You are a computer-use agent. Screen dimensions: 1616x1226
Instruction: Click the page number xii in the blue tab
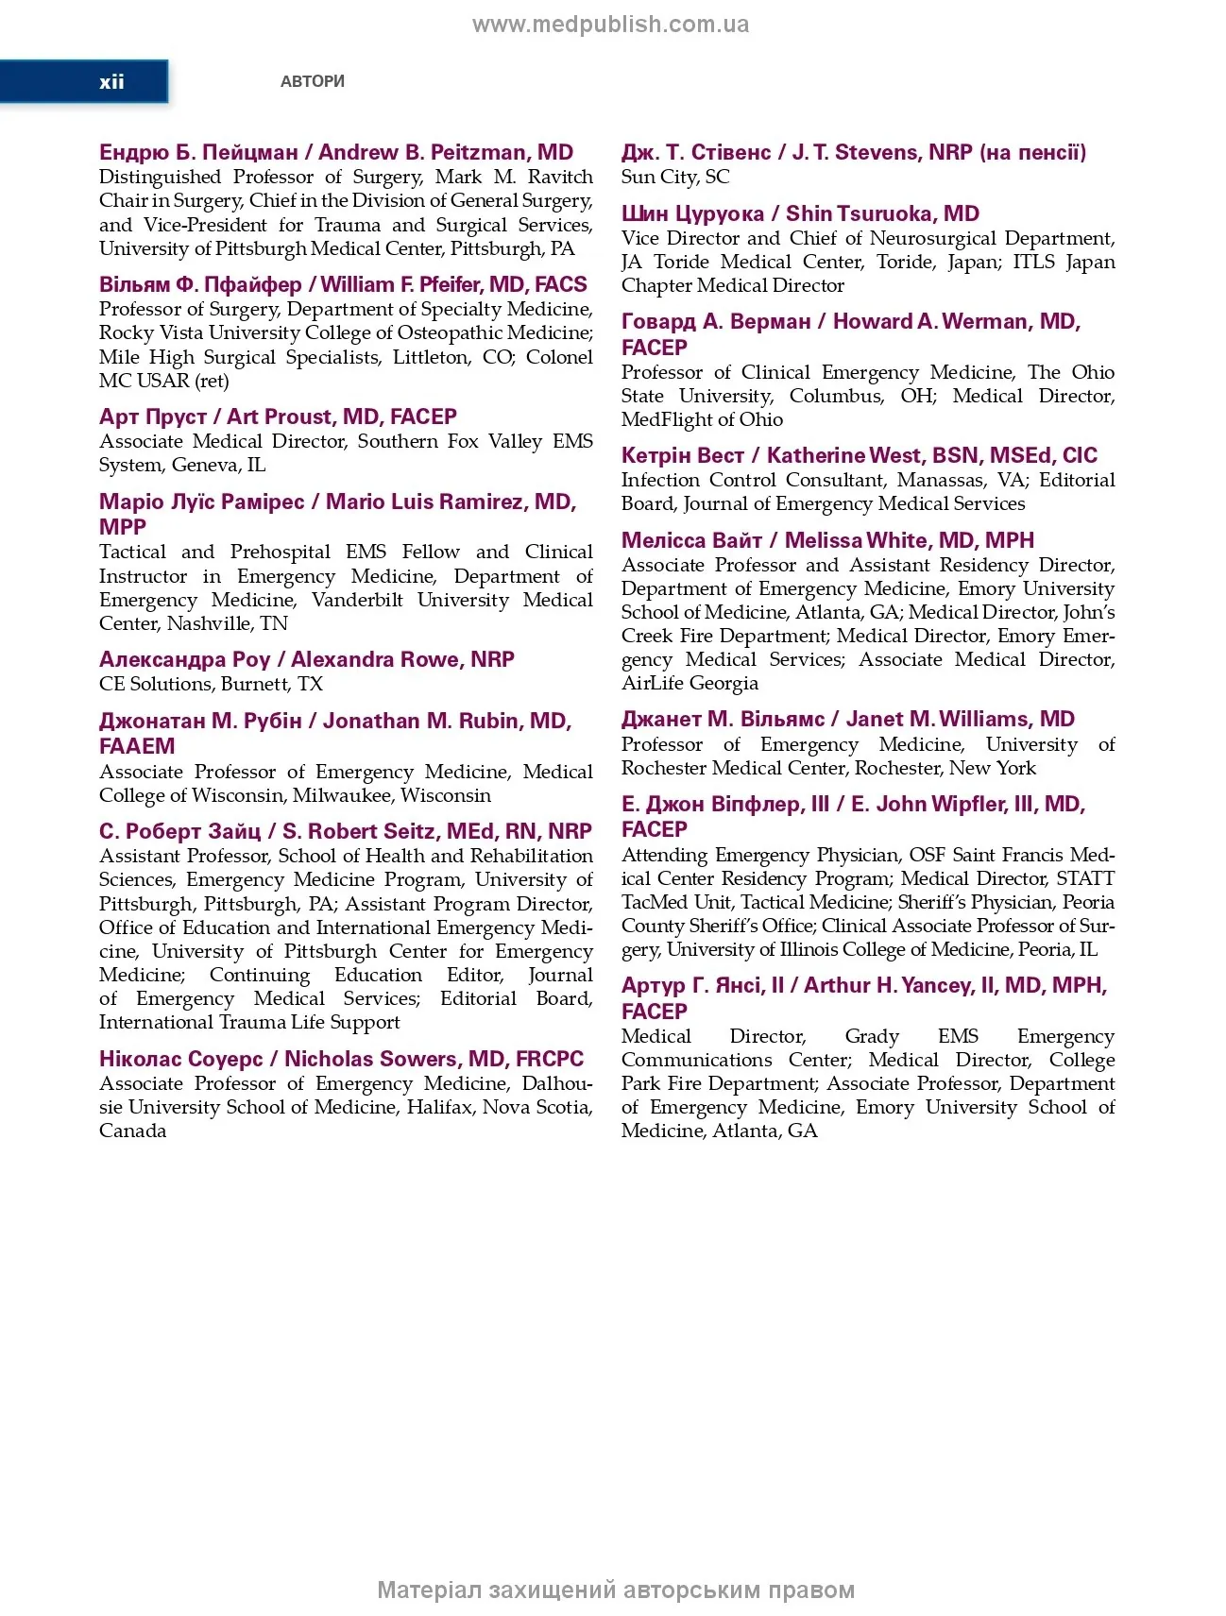coord(111,82)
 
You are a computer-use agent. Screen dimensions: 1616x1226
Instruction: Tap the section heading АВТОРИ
coord(313,82)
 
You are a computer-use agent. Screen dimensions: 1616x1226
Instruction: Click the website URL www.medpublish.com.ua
coord(610,26)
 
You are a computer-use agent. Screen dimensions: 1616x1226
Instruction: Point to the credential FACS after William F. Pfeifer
coord(561,285)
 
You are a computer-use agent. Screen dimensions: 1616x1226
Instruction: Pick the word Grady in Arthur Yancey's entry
coord(872,1036)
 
